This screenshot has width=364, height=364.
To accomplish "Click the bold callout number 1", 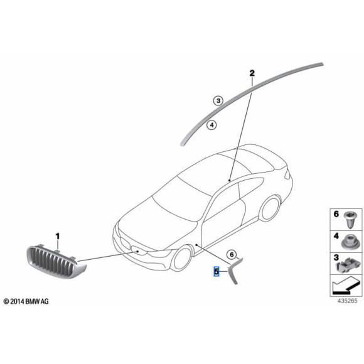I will coord(57,237).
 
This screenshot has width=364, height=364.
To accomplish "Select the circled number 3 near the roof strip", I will coord(217,100).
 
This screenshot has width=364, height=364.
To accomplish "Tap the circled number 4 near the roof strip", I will coord(211,125).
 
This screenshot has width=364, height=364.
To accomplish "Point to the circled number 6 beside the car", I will coord(231,254).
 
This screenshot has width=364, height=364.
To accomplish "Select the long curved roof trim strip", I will coord(251,94).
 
